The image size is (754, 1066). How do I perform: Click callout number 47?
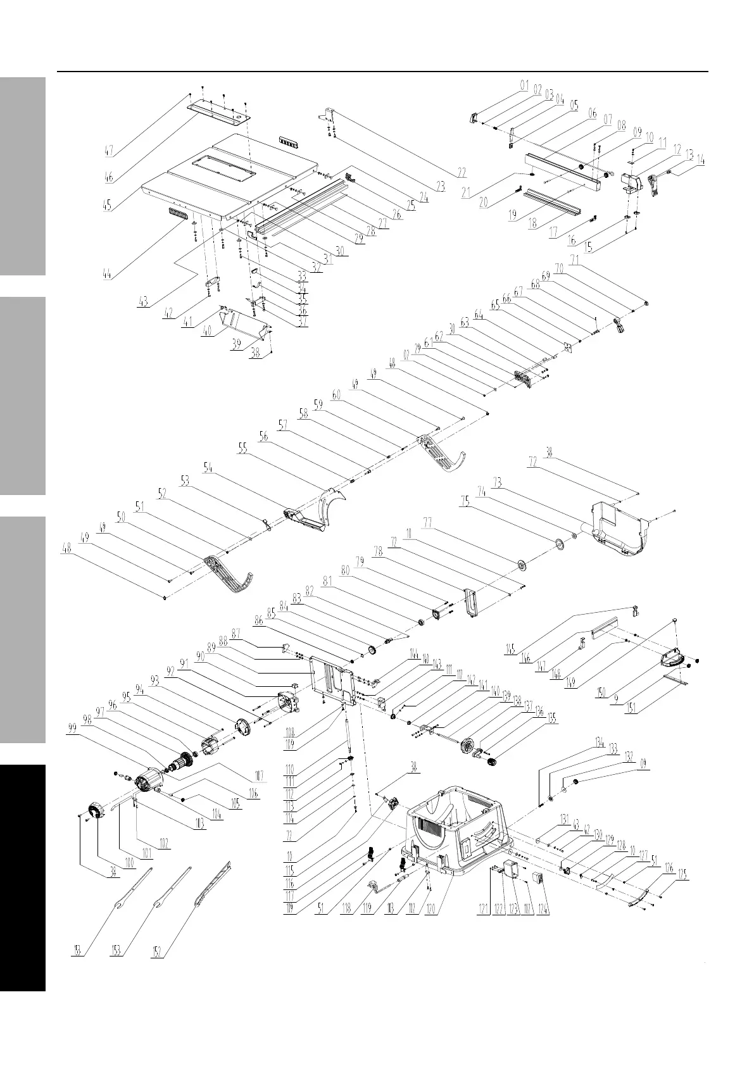(x=110, y=151)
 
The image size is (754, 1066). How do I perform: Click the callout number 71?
(x=574, y=259)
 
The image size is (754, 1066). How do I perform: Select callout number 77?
(x=427, y=522)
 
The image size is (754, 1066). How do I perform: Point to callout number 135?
(x=553, y=720)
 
